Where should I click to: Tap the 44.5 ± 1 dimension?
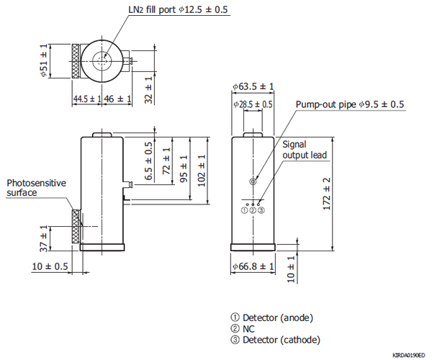86,99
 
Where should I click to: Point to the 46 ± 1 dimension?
118,99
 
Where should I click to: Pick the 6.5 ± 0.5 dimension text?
149,162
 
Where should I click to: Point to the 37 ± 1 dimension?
44,238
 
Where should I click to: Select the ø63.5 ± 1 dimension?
253,86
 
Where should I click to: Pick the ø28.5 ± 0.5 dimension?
253,104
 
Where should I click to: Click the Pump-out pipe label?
350,104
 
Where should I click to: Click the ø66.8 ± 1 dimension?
253,266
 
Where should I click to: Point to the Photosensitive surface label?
36,188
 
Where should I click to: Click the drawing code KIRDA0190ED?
408,355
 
